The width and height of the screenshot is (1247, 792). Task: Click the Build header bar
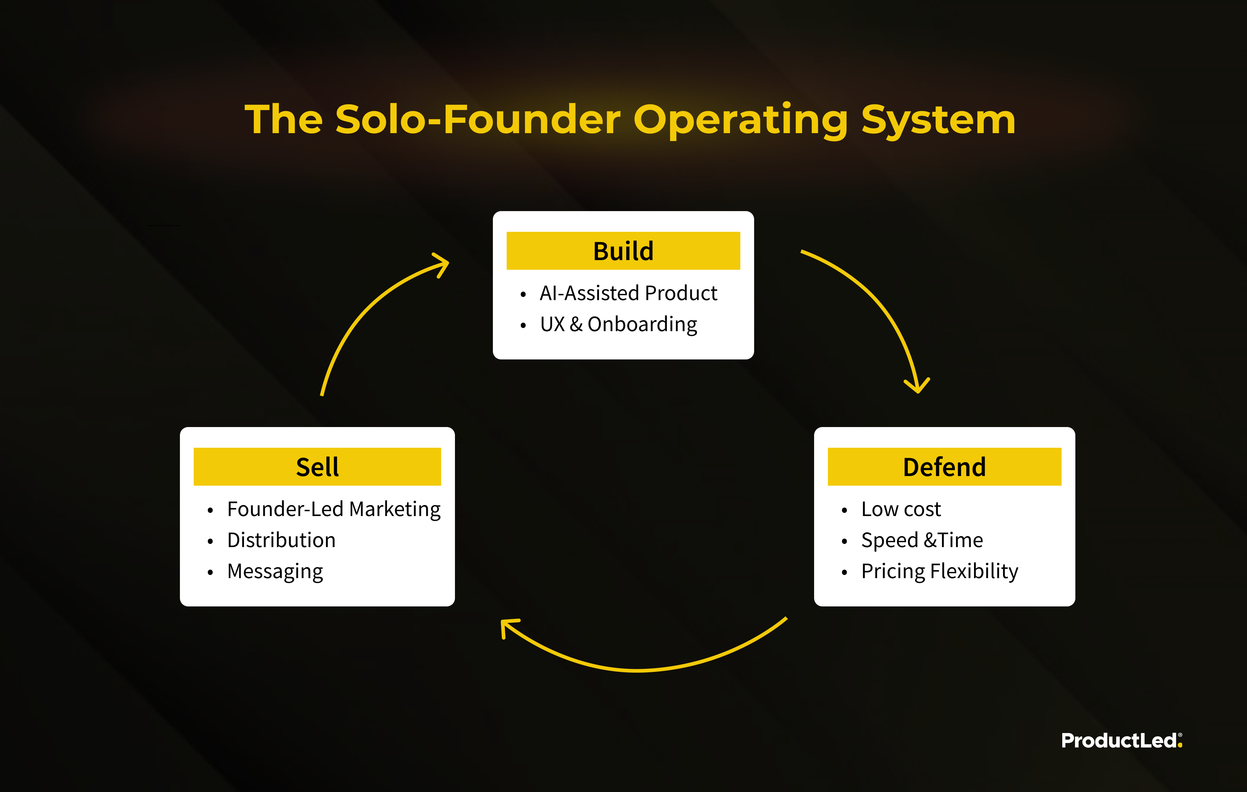tap(623, 251)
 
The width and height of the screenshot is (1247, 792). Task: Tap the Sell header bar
tap(317, 466)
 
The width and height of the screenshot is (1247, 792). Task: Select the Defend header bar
tap(944, 466)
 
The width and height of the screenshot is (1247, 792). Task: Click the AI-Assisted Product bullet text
tap(628, 293)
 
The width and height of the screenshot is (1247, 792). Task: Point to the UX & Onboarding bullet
tap(618, 325)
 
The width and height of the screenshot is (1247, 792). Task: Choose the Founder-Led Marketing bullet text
tap(334, 509)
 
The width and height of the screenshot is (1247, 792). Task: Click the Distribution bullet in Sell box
tap(281, 540)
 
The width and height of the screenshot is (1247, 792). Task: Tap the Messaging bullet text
tap(275, 571)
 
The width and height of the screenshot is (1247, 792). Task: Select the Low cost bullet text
tap(901, 509)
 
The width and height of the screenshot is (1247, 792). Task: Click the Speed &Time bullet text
tap(922, 540)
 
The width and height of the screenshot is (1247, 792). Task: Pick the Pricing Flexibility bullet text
tap(940, 571)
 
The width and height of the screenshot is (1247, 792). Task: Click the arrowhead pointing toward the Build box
tap(442, 264)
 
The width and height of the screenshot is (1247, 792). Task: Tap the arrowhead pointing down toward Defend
tap(917, 386)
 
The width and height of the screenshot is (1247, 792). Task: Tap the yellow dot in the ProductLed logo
tap(1180, 745)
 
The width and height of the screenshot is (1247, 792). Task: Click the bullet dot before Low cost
tap(844, 511)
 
